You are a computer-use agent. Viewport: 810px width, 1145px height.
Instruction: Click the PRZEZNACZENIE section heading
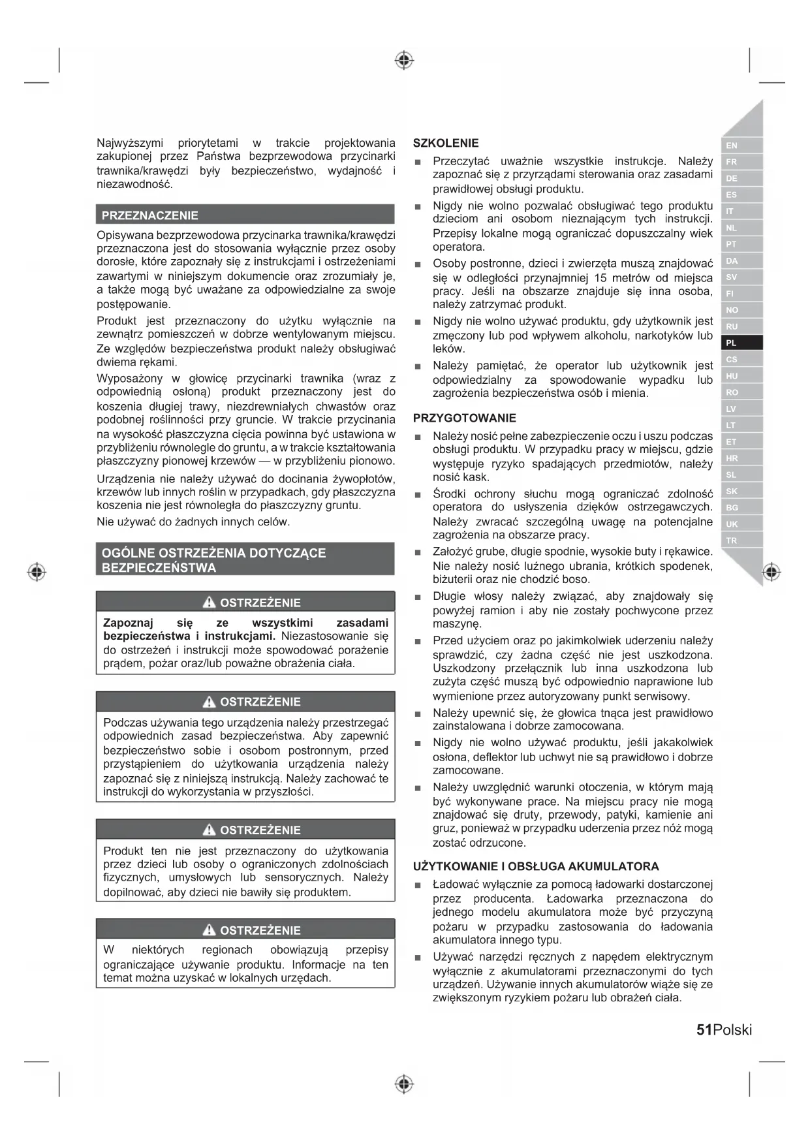click(149, 215)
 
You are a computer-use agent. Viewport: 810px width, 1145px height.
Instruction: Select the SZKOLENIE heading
click(446, 143)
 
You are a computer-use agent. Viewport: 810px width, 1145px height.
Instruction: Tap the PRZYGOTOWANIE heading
click(464, 418)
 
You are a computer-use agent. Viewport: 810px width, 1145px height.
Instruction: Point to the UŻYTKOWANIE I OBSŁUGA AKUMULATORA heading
click(536, 866)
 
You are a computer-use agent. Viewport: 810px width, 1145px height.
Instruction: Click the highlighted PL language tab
click(732, 343)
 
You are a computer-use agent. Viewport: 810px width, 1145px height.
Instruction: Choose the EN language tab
click(732, 146)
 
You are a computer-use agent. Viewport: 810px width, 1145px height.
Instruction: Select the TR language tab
click(732, 541)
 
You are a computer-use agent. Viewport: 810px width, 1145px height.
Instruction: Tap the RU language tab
click(732, 326)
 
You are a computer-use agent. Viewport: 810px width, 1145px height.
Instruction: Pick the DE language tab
click(732, 178)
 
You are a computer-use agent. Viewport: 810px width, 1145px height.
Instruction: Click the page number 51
click(704, 1029)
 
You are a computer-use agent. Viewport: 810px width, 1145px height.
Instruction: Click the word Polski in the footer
click(732, 1029)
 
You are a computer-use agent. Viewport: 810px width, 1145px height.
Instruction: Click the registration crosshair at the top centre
click(404, 60)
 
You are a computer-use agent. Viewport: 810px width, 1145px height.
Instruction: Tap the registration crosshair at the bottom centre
click(404, 1084)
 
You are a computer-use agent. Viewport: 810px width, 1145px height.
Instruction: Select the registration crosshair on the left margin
click(37, 572)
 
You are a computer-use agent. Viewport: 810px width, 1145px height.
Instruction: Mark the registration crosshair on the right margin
click(771, 572)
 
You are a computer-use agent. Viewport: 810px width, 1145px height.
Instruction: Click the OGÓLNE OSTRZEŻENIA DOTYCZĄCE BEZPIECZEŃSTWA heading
click(213, 560)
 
